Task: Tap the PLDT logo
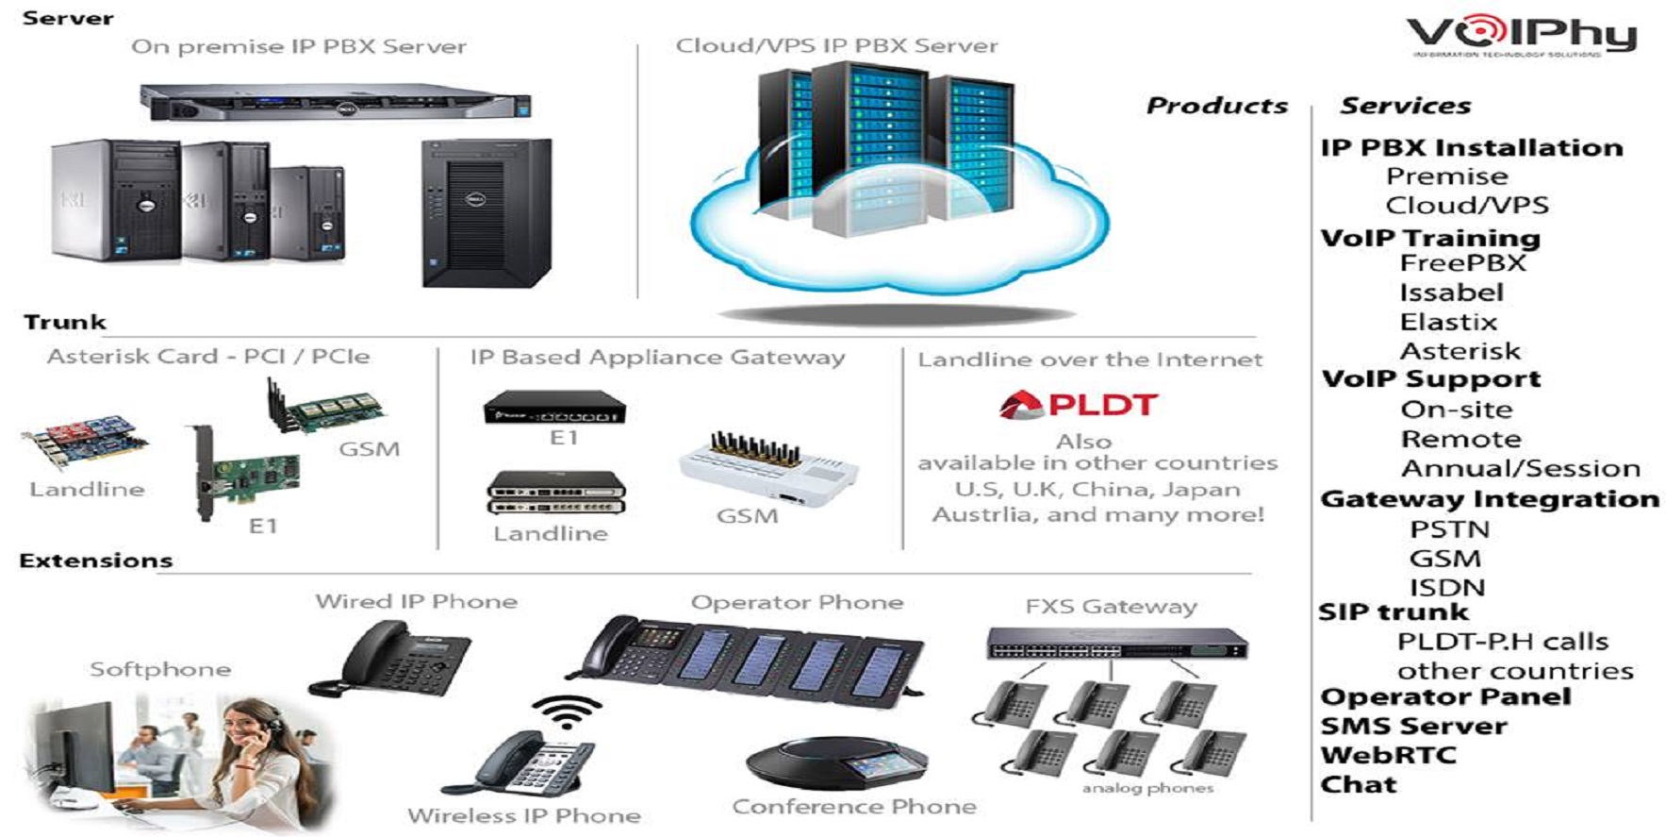click(1078, 405)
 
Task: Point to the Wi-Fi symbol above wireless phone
click(566, 711)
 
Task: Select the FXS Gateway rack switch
click(1116, 644)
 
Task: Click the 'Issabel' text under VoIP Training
click(1451, 293)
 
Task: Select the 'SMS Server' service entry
click(1413, 726)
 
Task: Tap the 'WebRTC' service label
click(1388, 755)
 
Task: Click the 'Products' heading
click(1216, 106)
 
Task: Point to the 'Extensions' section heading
click(96, 561)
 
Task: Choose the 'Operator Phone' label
click(797, 602)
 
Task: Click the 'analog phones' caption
click(1147, 788)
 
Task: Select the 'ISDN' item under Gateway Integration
click(1447, 587)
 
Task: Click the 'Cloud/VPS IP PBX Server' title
click(836, 45)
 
